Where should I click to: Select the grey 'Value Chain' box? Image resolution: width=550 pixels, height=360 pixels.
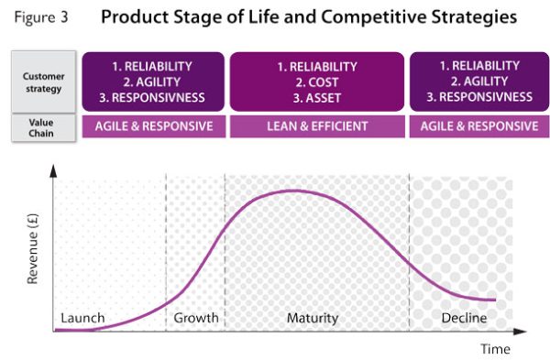pyautogui.click(x=43, y=127)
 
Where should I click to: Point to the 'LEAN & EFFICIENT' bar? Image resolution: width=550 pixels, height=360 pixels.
pyautogui.click(x=317, y=126)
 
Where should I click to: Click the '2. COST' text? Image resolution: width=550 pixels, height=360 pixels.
pyautogui.click(x=317, y=81)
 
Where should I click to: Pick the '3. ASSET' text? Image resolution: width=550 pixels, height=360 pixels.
pyautogui.click(x=317, y=96)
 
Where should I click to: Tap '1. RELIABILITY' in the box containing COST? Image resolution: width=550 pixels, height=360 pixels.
pyautogui.click(x=317, y=66)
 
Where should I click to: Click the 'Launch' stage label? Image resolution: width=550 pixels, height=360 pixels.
pyautogui.click(x=82, y=318)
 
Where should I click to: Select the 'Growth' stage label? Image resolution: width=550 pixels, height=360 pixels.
pyautogui.click(x=196, y=318)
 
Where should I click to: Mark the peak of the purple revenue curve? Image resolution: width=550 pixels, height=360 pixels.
pyautogui.click(x=291, y=191)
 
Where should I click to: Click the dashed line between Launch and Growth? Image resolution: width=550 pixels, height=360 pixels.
pyautogui.click(x=166, y=247)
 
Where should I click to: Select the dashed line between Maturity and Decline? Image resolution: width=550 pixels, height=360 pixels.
pyautogui.click(x=409, y=247)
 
